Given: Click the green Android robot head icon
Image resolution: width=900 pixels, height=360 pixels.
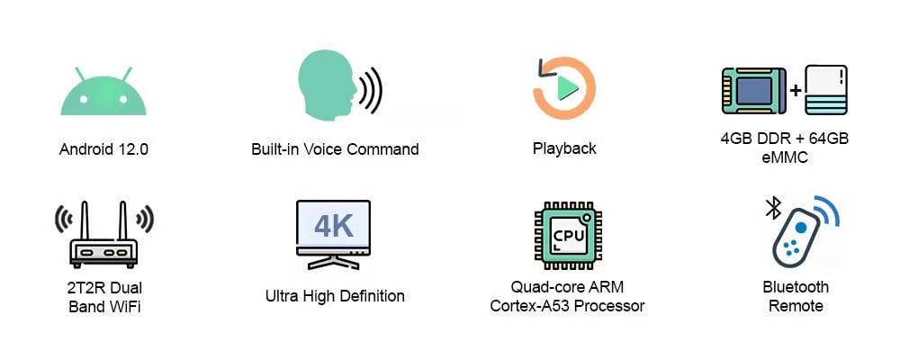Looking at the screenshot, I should coord(103,94).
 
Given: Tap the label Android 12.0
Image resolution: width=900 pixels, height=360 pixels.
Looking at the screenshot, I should coord(103,149).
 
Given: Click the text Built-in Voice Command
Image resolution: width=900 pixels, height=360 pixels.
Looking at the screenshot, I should coord(335,149).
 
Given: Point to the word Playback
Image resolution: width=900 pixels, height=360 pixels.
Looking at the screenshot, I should coord(564,148).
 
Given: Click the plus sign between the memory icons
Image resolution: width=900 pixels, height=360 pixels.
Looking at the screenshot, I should coord(796,91).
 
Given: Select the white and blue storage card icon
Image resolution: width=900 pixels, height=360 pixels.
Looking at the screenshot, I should coord(826,89).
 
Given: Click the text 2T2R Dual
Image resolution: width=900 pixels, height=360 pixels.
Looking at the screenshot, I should coord(105,288).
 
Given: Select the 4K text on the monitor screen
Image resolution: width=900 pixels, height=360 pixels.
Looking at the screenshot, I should coord(333,226).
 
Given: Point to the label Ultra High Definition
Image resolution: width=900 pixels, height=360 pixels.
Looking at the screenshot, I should coord(335,295).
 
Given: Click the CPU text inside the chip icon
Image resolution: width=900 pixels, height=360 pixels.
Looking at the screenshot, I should coord(568,236).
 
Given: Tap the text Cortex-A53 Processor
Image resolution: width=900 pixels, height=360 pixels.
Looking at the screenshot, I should coord(567,306).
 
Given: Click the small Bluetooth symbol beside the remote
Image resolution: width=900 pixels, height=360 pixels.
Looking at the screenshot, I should coord(772,209).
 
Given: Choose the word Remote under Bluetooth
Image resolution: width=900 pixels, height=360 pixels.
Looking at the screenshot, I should coord(796,306).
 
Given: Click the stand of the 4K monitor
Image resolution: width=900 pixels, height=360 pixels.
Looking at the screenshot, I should coord(333,264).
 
